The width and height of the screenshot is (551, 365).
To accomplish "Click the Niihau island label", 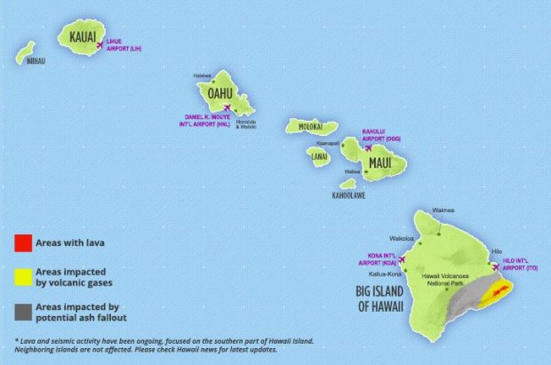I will click(x=35, y=63).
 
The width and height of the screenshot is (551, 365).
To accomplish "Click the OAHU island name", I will click(x=219, y=92).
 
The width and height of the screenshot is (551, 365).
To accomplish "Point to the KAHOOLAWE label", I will click(x=348, y=194).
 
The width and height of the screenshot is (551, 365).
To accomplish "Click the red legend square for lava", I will click(x=24, y=242).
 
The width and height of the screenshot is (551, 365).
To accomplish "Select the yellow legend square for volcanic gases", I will click(x=24, y=276).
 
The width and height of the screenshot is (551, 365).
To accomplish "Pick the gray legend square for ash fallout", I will click(x=24, y=311).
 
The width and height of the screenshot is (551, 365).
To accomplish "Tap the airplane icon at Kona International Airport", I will click(x=403, y=260).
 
